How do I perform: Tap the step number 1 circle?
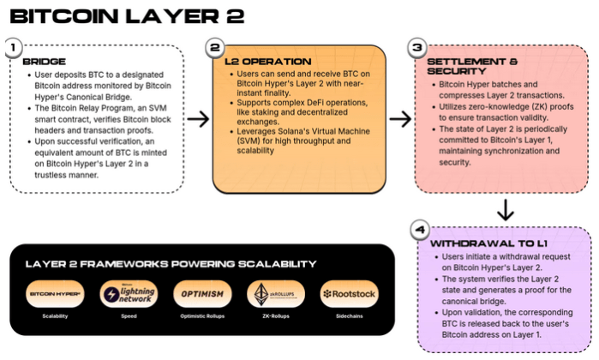point(12,47)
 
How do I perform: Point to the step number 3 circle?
point(417,47)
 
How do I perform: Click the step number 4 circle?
point(418,229)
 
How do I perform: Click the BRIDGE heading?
point(44,62)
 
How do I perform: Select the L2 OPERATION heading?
point(268,62)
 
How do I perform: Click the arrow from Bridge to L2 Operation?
point(197,118)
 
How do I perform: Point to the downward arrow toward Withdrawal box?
point(506,209)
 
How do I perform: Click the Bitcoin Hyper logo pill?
point(55,294)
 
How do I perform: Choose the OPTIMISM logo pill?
point(202,294)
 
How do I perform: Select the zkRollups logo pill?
point(276,294)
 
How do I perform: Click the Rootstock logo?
point(349,294)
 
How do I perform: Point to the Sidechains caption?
point(349,316)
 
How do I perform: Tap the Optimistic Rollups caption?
point(202,316)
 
